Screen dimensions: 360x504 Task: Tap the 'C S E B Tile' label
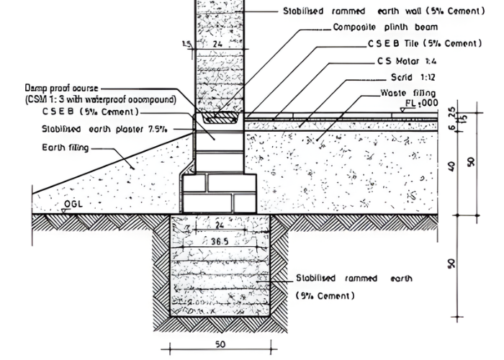click(394, 44)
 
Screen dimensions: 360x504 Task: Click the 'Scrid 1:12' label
click(413, 76)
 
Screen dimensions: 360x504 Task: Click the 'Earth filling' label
click(64, 148)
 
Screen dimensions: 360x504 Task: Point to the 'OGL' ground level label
click(73, 204)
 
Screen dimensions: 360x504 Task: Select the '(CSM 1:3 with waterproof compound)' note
click(100, 99)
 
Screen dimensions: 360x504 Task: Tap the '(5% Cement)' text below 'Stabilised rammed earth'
click(325, 296)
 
